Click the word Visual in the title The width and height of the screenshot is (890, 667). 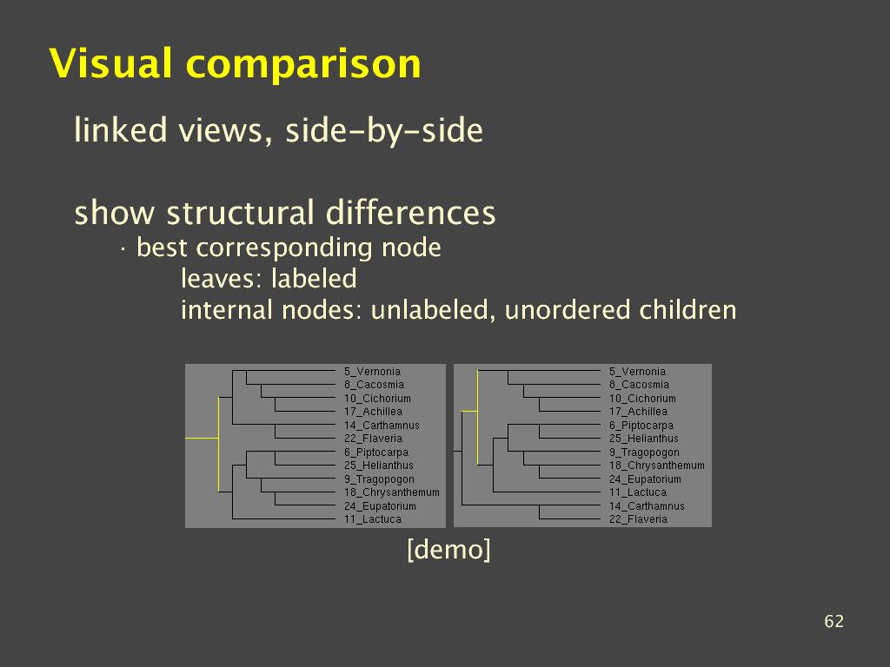[x=110, y=63]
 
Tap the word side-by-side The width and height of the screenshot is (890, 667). [x=383, y=130]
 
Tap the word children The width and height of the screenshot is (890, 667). [x=687, y=310]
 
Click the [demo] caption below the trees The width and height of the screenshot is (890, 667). [x=449, y=549]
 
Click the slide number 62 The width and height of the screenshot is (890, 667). [x=834, y=621]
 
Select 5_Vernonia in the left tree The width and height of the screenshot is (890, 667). [x=372, y=372]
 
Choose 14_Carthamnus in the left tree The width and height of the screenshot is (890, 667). [x=382, y=425]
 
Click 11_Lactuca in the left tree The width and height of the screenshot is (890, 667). [x=372, y=519]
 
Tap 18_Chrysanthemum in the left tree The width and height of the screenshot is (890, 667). [x=392, y=492]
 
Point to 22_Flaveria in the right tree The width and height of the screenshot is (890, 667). [x=638, y=519]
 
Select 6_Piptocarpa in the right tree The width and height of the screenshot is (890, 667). [x=641, y=425]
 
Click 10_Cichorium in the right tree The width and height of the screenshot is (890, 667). [x=642, y=398]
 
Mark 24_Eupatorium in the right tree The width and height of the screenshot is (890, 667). [x=645, y=479]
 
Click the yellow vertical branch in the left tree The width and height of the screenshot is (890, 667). [x=218, y=444]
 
